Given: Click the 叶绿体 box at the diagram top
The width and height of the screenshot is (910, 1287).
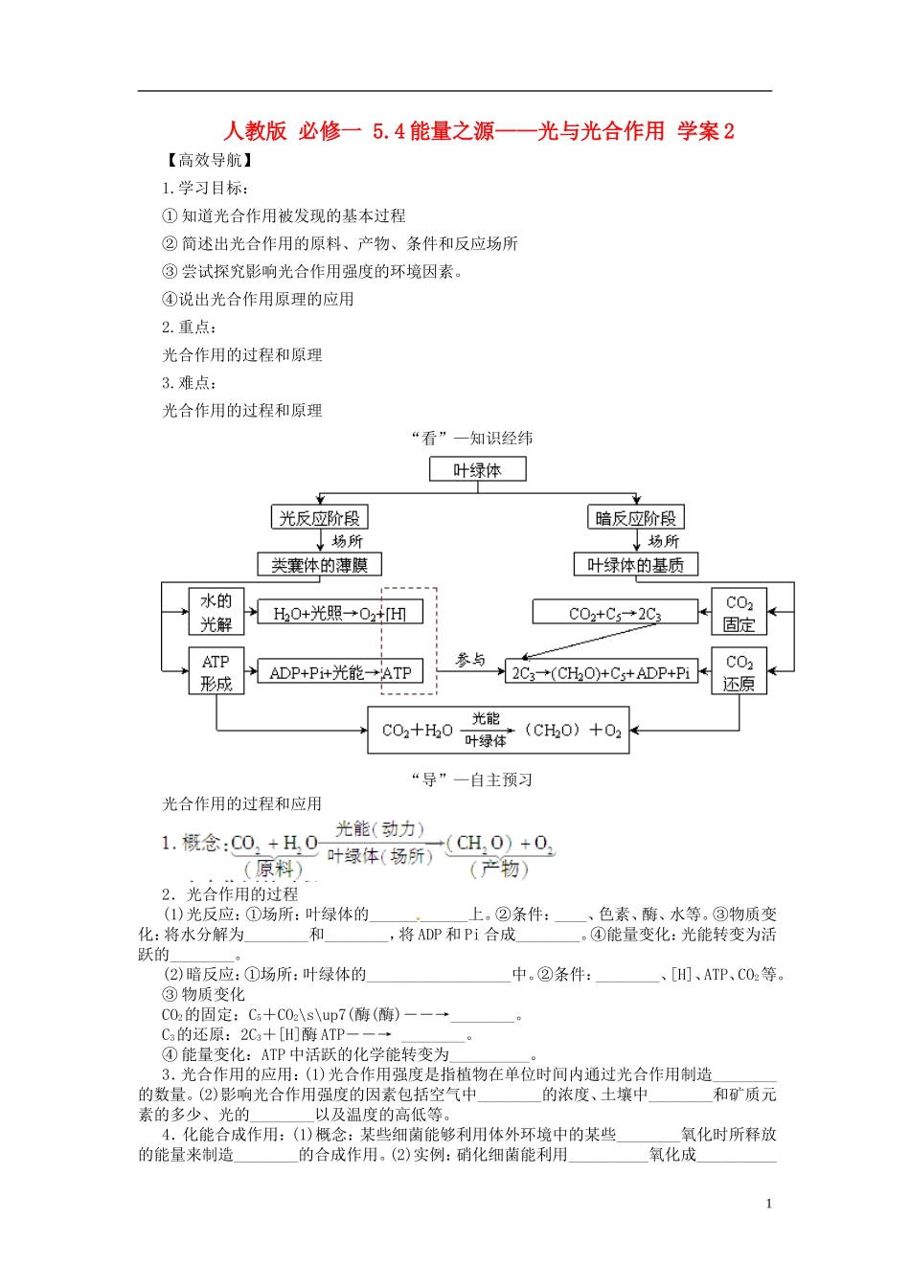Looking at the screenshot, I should pos(477,469).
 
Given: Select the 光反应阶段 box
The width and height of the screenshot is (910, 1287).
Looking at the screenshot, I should pos(319,518).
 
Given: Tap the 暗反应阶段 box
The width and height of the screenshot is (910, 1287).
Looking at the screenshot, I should pos(635,518).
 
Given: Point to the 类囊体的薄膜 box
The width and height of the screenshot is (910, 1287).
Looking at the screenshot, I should pos(319,565).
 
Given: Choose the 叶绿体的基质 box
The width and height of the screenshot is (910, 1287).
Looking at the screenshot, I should pos(635,565).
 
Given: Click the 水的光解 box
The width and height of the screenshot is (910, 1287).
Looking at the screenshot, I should pos(216,612).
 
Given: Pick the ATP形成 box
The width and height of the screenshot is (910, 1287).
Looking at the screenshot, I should pos(216,672).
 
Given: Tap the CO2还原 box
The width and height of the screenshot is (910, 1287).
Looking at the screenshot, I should pos(739,672).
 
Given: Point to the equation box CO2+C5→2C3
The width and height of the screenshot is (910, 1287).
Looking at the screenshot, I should pos(614,613).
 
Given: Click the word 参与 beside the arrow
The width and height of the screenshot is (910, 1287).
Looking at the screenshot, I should pos(469,660).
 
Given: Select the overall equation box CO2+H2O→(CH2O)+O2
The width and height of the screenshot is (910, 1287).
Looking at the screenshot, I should pos(498,731).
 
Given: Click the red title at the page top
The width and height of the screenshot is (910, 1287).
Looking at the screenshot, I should pos(478,131).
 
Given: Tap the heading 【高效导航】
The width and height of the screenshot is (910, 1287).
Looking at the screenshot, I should pos(208,160).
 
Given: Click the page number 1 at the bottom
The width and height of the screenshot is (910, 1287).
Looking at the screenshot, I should pos(768,1204).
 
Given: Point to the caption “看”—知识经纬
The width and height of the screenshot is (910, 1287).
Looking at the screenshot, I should pos(471,439).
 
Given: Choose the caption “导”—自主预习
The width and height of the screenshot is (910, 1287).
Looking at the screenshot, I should pos(471,779).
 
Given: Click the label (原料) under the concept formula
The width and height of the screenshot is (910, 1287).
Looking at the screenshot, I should pos(274,869).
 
